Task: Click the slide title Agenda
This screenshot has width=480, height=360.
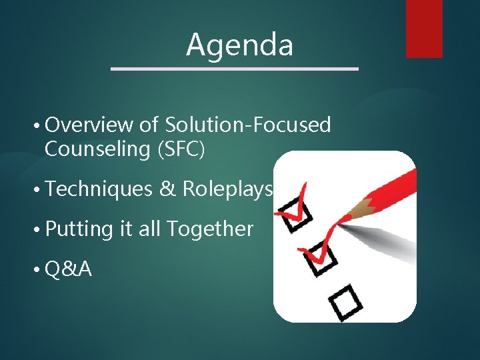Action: [239, 45]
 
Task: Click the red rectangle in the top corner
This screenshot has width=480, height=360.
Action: [424, 28]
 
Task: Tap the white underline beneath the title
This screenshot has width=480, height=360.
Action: [234, 68]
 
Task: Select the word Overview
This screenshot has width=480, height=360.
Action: [90, 125]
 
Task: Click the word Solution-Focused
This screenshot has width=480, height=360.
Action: [248, 125]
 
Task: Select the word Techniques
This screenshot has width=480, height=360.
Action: [100, 189]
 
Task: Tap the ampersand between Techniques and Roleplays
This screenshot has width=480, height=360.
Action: [167, 189]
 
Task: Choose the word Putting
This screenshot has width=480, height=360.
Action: [80, 229]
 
